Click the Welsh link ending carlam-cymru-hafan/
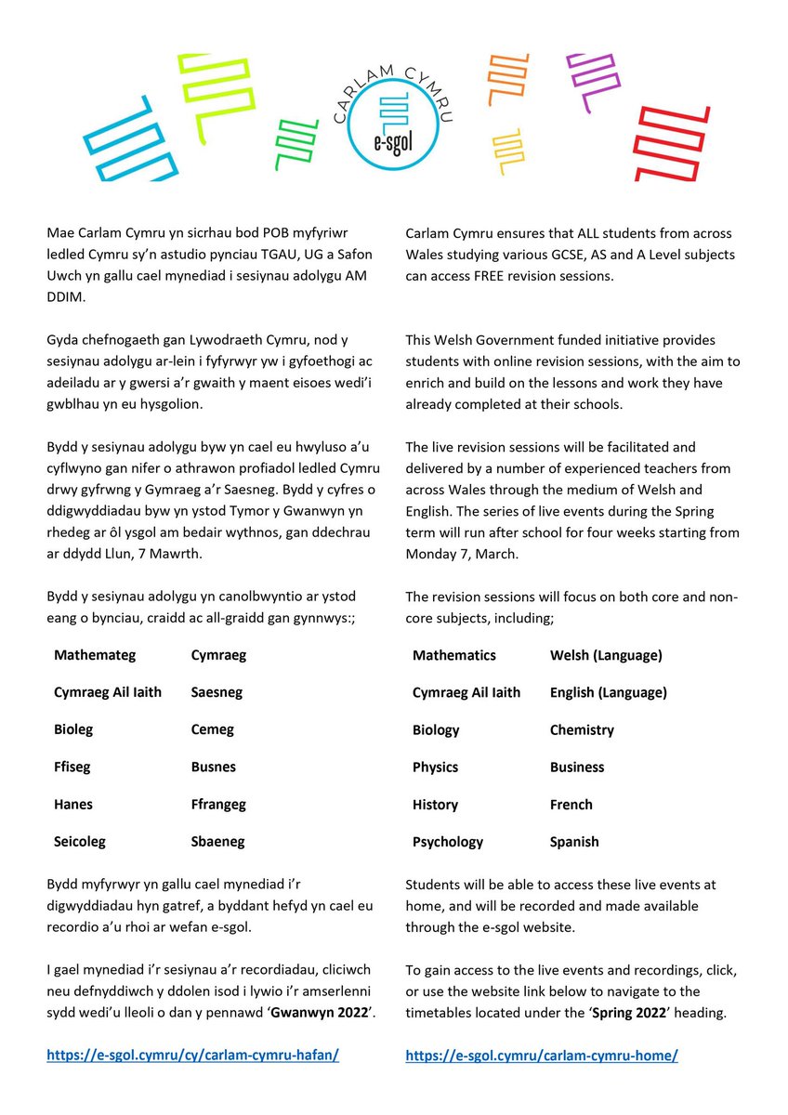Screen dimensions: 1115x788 (x=192, y=1056)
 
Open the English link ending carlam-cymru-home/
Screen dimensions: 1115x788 (x=542, y=1056)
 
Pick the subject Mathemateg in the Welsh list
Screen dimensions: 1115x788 (x=95, y=655)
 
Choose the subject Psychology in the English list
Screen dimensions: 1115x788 (x=448, y=842)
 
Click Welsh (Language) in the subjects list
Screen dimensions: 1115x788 (x=606, y=655)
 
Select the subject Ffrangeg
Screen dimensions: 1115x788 (x=218, y=805)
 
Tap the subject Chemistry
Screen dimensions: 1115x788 (x=582, y=730)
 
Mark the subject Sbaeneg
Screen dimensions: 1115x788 (x=217, y=842)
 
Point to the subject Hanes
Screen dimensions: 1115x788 (x=73, y=805)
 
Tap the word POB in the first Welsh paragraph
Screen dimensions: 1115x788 (x=295, y=231)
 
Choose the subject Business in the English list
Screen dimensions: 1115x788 (x=577, y=767)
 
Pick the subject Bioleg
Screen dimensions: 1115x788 (x=73, y=730)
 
